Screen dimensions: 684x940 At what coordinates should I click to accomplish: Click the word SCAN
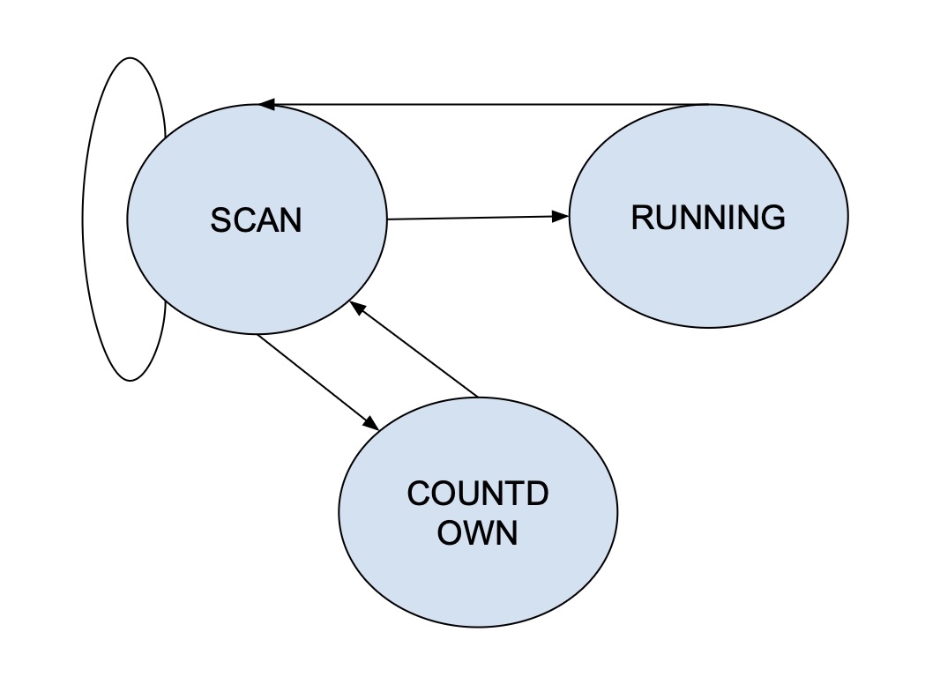point(256,219)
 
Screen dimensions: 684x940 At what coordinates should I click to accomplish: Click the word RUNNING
point(708,217)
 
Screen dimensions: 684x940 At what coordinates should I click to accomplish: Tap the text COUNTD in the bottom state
point(478,494)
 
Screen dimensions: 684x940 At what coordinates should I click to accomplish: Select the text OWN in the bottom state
point(477,533)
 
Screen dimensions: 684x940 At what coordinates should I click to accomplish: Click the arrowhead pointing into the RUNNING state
point(560,216)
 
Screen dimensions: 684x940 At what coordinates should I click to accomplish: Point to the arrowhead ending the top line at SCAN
point(267,105)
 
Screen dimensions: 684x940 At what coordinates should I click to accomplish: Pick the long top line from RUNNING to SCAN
point(485,105)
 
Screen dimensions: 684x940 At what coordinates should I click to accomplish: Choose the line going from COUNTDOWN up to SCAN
point(414,351)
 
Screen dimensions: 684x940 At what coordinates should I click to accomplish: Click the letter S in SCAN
point(220,219)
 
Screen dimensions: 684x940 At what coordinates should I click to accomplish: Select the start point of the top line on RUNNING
point(708,105)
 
